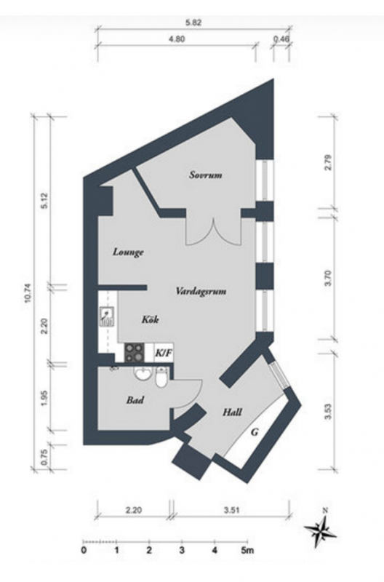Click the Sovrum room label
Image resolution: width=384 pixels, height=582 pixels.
point(206,175)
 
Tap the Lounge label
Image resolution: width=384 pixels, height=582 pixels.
point(128,252)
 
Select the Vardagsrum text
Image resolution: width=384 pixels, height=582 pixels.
point(201,290)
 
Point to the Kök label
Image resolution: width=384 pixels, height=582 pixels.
point(151,319)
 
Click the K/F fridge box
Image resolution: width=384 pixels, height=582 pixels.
point(164,353)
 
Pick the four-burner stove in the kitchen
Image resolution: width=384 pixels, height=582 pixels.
point(134,352)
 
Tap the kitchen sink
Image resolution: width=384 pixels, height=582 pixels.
point(106,316)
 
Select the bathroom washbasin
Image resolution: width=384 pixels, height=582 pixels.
point(142,374)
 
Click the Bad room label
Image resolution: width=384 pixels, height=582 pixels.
point(135,400)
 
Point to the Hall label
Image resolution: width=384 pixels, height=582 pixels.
point(232,412)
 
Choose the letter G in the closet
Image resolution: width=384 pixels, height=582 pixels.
point(255,432)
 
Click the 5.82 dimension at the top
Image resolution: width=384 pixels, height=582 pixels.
point(193,23)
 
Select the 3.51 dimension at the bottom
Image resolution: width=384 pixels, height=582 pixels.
point(231,510)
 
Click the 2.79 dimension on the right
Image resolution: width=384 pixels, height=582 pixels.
point(327,162)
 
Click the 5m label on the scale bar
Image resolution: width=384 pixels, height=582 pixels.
point(247,551)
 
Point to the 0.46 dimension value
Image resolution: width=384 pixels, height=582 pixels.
point(281,39)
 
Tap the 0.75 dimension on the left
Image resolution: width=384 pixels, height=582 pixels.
point(44,458)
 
